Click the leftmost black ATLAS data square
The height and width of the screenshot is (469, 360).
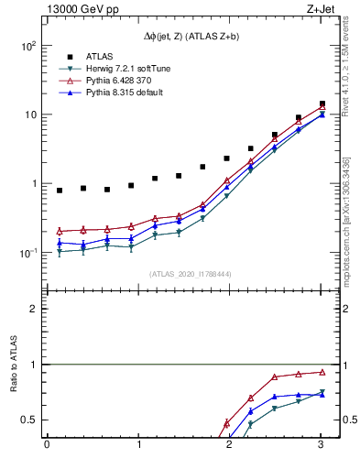[x=60, y=191]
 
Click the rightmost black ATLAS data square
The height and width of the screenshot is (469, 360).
[x=322, y=104]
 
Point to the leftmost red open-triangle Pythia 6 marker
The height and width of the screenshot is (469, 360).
[x=60, y=231]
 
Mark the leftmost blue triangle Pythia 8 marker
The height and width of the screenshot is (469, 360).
[x=60, y=243]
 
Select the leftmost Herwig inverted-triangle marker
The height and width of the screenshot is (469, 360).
[x=60, y=252]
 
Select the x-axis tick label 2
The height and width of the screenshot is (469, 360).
[x=230, y=445]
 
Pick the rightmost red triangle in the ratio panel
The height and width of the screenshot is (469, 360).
[x=322, y=372]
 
